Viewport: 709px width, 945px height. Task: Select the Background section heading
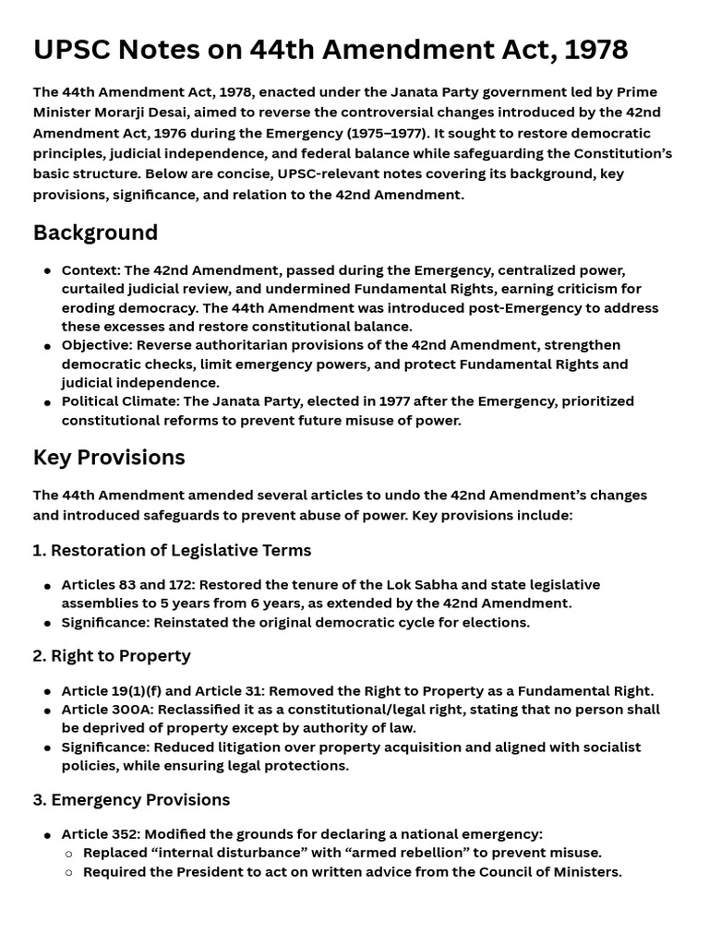click(x=95, y=233)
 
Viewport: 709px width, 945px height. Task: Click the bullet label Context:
click(x=90, y=270)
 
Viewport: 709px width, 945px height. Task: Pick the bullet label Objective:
click(x=96, y=345)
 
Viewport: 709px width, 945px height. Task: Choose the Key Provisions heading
click(x=109, y=458)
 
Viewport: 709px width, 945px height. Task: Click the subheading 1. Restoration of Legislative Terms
click(x=172, y=550)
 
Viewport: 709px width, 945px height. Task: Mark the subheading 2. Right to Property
click(x=112, y=656)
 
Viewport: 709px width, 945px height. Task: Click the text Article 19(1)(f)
click(x=113, y=690)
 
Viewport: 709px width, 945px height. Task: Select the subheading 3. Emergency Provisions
click(x=131, y=799)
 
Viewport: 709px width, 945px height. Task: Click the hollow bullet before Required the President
click(x=68, y=872)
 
